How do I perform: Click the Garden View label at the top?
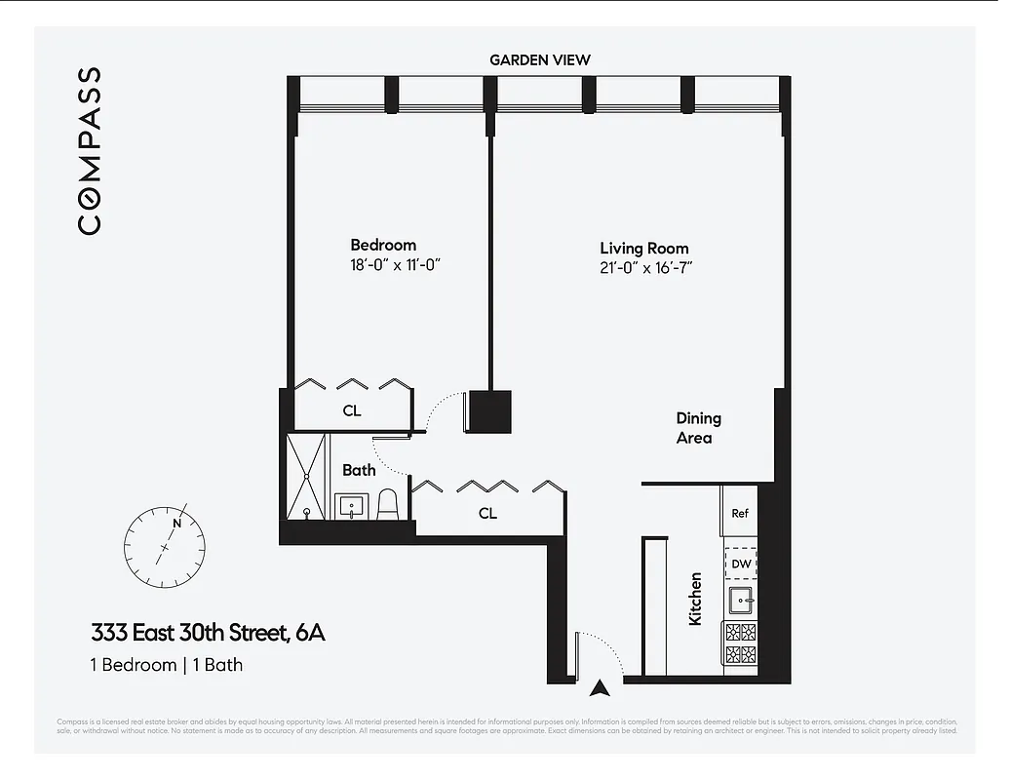539,59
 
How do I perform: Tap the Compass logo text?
89,150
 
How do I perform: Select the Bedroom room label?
383,246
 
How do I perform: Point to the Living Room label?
643,249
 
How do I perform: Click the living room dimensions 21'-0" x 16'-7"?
645,268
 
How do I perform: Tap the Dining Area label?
698,428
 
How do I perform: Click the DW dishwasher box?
740,564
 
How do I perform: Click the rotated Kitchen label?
695,599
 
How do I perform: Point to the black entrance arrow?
602,688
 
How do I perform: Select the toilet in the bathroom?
388,504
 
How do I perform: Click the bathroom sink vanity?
350,506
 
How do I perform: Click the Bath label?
359,470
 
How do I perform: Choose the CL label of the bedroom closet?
352,411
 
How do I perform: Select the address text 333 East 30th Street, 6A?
208,633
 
